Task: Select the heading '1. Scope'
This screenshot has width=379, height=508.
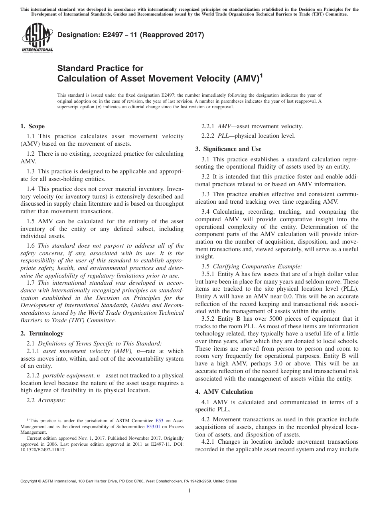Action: pyautogui.click(x=32, y=127)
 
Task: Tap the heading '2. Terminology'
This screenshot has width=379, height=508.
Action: pyautogui.click(x=41, y=333)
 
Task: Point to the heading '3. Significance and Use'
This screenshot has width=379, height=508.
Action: pyautogui.click(x=228, y=149)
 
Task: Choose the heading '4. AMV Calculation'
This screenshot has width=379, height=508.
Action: pyautogui.click(x=224, y=392)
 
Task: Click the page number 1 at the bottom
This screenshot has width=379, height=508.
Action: pyautogui.click(x=189, y=491)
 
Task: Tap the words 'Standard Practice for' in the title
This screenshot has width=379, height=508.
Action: pyautogui.click(x=101, y=68)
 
